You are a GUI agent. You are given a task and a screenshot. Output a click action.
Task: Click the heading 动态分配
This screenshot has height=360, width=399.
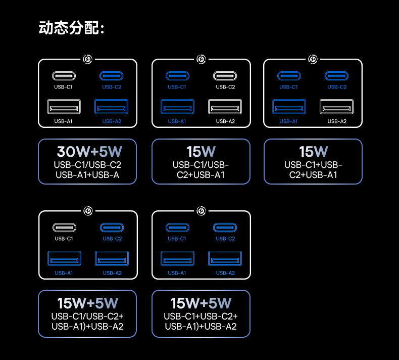[71, 28]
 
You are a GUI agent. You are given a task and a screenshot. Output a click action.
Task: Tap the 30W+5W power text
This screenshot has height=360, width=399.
[89, 151]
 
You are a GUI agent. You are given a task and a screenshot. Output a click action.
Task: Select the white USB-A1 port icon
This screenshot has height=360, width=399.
[64, 107]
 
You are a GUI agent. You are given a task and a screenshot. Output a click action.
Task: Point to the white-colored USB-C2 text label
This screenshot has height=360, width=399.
[225, 87]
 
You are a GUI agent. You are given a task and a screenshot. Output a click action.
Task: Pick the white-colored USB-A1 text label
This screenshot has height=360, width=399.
[64, 121]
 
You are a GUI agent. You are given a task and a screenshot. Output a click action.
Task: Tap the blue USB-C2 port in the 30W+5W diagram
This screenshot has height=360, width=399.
[112, 76]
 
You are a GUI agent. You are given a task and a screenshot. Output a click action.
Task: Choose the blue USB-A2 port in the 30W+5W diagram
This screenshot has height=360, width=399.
[112, 107]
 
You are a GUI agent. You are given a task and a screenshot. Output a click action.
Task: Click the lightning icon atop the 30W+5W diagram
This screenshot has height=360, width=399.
[87, 60]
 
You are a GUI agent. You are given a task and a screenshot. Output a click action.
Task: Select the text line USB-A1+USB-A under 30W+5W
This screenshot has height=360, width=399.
[87, 175]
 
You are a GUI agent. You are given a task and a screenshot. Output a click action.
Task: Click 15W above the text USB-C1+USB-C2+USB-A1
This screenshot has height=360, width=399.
[313, 151]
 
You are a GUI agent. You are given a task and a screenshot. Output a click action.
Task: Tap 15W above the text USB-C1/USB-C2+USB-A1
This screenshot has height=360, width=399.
[201, 151]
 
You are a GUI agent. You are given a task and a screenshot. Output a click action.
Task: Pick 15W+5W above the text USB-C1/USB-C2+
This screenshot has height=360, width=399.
[87, 303]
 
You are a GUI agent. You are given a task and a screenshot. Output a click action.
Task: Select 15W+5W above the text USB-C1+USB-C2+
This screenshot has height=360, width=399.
[201, 303]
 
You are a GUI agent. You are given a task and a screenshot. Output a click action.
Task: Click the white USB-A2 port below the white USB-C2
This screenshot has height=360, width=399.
[225, 107]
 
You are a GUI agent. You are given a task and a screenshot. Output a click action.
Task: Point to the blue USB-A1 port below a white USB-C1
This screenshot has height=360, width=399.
[64, 258]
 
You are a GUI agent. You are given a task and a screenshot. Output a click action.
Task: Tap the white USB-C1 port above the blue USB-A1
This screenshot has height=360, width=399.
[64, 228]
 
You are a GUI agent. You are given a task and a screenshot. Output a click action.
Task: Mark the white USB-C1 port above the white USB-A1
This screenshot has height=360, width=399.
[64, 76]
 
